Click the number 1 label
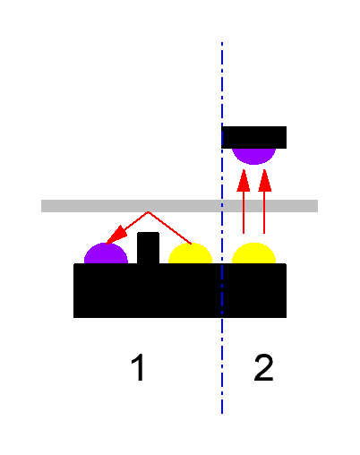click(x=138, y=367)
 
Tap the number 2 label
click(x=263, y=367)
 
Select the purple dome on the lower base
click(x=106, y=253)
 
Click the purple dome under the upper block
click(x=253, y=156)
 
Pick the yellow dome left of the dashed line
click(x=190, y=253)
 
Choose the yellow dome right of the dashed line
click(x=253, y=253)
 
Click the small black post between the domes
click(x=148, y=248)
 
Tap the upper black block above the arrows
click(x=253, y=137)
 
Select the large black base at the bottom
click(x=180, y=290)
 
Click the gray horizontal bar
click(x=179, y=206)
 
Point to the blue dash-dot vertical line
click(x=222, y=227)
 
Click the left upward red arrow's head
click(x=244, y=181)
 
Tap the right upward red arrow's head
click(x=264, y=181)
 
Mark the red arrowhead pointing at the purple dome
click(x=115, y=236)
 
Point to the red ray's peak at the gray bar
click(x=148, y=212)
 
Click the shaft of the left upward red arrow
click(x=244, y=212)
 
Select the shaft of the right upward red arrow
click(x=264, y=212)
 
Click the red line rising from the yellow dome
click(x=169, y=227)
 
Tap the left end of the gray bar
click(x=41, y=206)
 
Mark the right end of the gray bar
click(x=318, y=206)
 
